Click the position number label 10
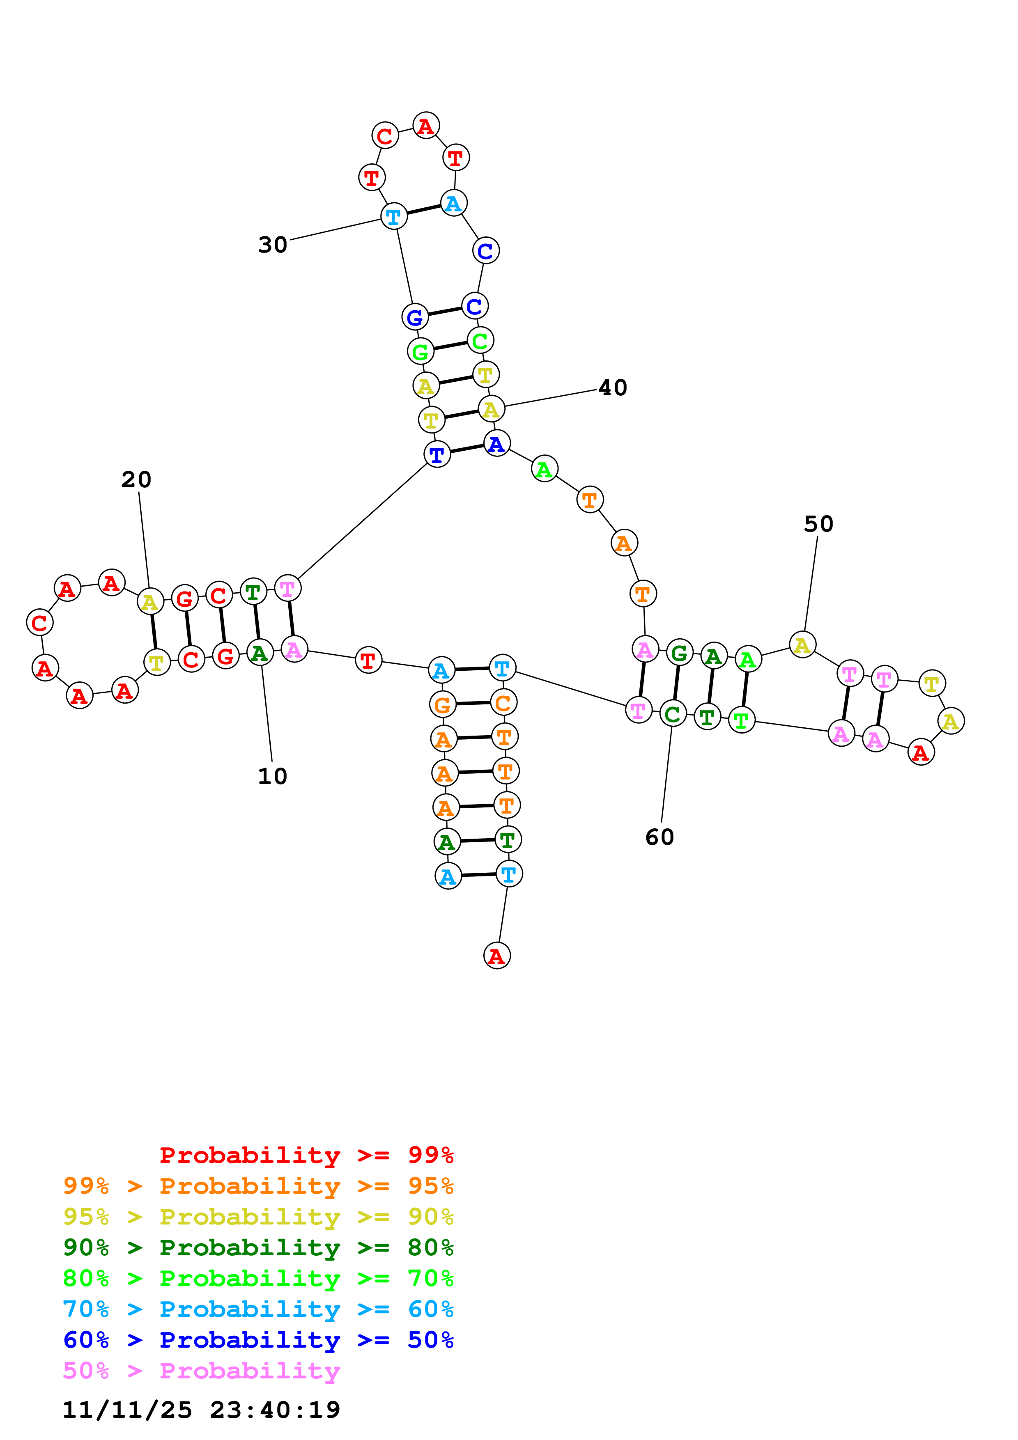click(x=272, y=777)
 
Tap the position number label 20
click(x=136, y=480)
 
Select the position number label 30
click(x=273, y=245)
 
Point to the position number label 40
click(x=612, y=388)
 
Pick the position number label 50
click(x=818, y=524)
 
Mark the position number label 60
click(x=659, y=837)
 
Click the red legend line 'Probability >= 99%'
click(x=306, y=1155)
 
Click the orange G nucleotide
click(x=442, y=705)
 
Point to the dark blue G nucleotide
click(x=415, y=317)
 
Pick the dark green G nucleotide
click(x=679, y=654)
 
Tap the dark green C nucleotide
click(x=672, y=714)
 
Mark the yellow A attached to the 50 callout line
click(x=802, y=645)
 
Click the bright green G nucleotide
click(x=420, y=352)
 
